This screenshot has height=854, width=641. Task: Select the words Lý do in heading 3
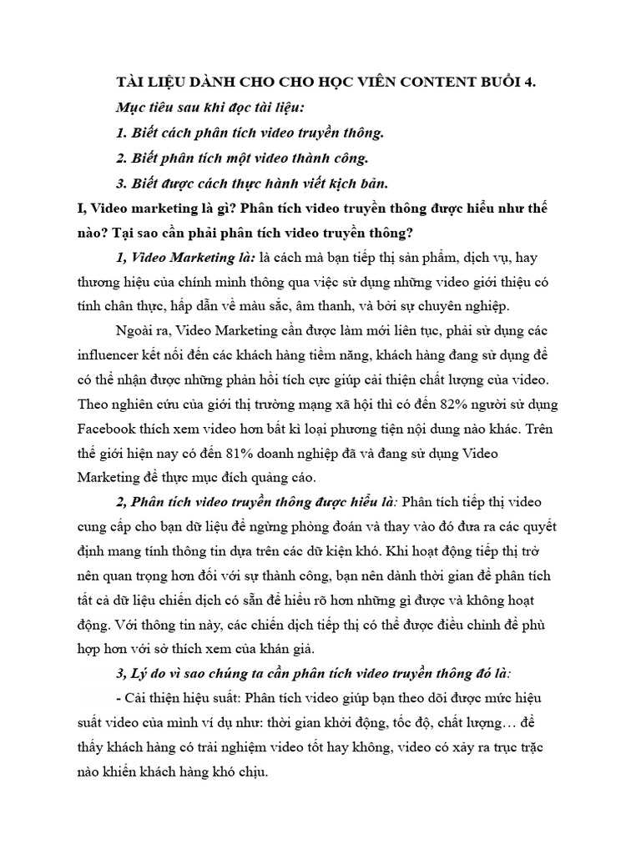click(151, 672)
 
